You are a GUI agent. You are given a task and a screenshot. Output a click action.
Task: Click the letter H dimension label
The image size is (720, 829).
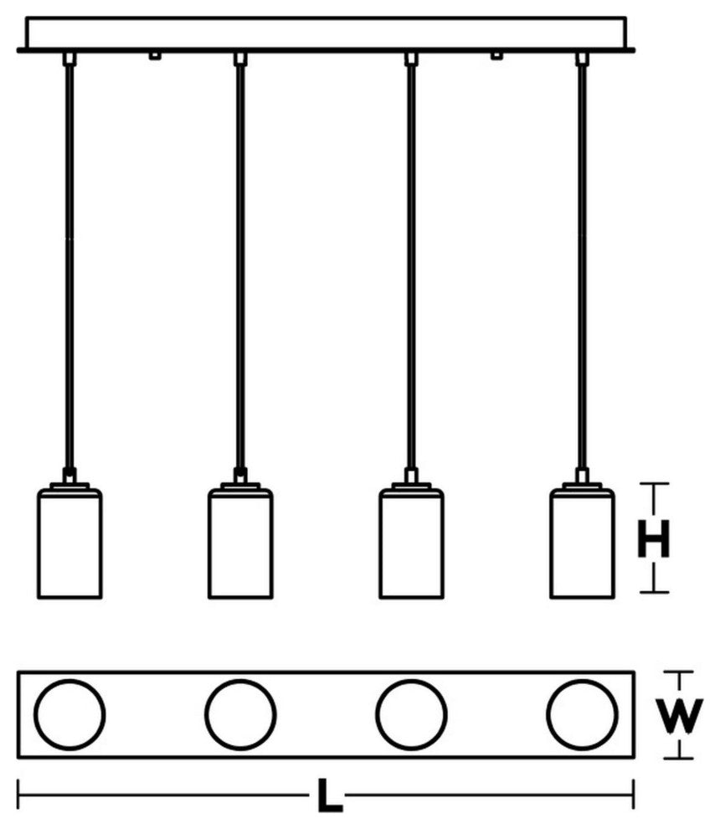[654, 539]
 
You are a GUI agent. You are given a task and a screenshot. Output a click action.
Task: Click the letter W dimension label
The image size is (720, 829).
[677, 716]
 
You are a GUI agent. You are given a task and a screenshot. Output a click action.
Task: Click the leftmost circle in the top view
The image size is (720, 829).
[69, 715]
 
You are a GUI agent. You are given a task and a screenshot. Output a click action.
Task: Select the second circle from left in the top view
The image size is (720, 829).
[240, 715]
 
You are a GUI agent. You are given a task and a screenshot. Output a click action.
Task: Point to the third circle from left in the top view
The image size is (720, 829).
[411, 715]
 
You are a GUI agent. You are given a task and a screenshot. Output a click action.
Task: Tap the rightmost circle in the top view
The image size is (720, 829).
[582, 715]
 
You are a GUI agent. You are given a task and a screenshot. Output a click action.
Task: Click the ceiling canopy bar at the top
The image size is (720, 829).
[327, 33]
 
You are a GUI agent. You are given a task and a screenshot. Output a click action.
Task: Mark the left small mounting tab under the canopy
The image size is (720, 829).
[154, 56]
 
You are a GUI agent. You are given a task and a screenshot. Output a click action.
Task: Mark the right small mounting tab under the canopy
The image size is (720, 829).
[497, 56]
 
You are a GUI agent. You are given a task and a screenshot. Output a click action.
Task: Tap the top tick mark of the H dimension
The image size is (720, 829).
[654, 484]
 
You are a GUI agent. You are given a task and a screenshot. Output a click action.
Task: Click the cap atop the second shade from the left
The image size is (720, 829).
[240, 484]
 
